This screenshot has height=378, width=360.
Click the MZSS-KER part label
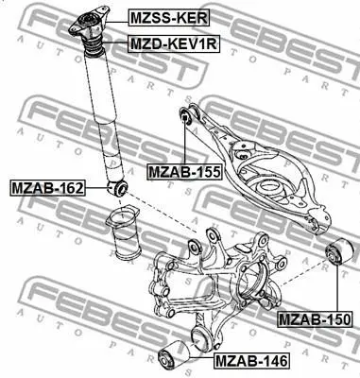coord(168,18)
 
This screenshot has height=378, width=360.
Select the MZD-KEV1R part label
coord(173,43)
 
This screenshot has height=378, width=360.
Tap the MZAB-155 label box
coord(184,172)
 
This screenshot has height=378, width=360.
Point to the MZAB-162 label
coord(48,188)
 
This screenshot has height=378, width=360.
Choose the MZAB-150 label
coord(315,319)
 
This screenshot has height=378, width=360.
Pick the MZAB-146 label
coord(251,361)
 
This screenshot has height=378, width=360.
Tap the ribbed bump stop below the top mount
coord(94,46)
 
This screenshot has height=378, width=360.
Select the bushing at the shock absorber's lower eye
coord(117,188)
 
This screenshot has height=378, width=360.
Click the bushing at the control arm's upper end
coord(185,116)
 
